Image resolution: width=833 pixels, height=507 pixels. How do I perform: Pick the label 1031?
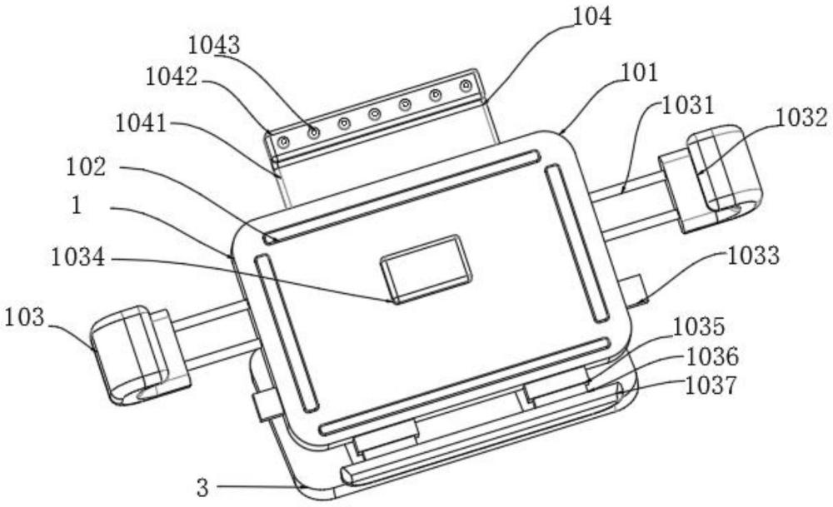687,107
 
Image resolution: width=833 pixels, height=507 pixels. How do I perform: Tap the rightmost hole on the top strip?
466,85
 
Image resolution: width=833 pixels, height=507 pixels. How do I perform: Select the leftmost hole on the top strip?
284,142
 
